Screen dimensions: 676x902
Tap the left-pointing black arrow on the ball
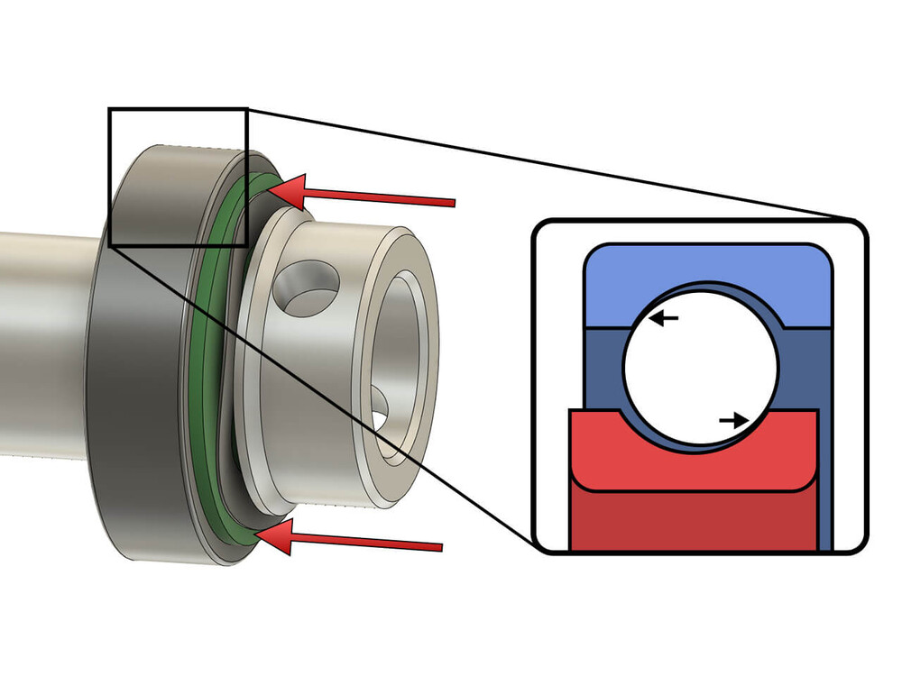(664, 318)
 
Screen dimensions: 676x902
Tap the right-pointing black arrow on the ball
(734, 420)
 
